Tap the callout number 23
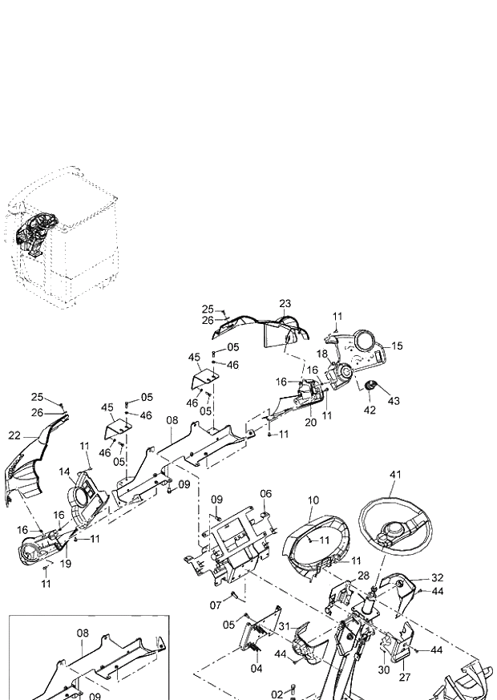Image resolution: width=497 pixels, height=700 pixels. (285, 303)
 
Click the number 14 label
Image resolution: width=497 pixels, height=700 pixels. (64, 472)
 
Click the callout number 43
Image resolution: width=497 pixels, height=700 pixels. (393, 400)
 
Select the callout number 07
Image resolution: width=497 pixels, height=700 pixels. (215, 604)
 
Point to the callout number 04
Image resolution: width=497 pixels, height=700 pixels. (257, 667)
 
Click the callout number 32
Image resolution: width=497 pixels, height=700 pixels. (437, 577)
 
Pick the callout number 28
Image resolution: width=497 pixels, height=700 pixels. (363, 576)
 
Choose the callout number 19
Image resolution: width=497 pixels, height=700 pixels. (67, 564)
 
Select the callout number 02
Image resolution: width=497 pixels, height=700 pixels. (277, 694)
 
